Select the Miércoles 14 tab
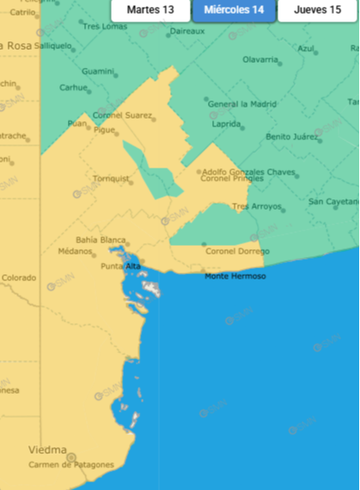pos(234,10)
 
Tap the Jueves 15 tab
pos(317,10)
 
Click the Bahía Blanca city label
pos(100,240)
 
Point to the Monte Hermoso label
pos(235,276)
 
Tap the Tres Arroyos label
pos(257,206)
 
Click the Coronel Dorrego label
pos(237,251)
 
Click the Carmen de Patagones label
pos(70,464)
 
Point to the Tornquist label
pos(112,180)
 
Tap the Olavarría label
pos(260,60)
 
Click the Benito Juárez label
pos(291,137)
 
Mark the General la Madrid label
pos(243,104)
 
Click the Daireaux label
pos(187,31)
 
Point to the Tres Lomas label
pos(104,27)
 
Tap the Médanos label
pos(75,252)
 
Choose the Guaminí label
pos(98,70)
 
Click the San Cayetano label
pos(333,202)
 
